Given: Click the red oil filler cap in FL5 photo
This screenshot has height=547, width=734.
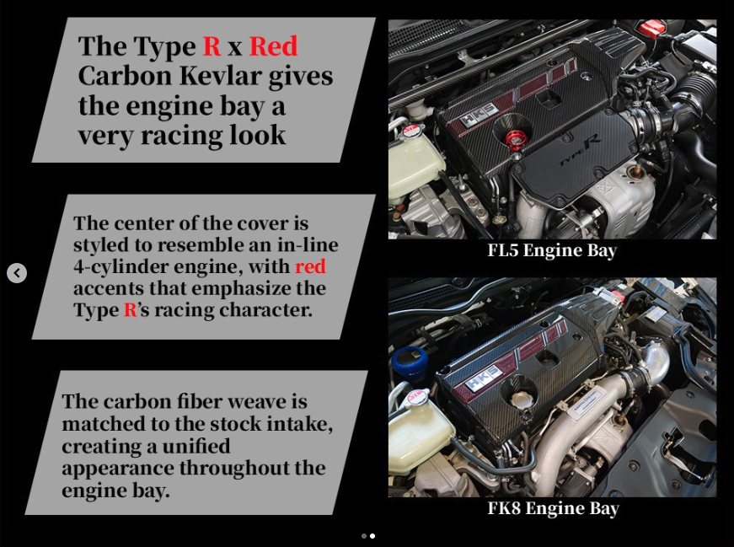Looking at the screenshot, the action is click(x=514, y=139).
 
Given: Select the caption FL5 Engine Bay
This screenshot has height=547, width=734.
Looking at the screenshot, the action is click(x=552, y=250).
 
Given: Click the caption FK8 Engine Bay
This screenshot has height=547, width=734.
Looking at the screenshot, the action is click(x=554, y=508).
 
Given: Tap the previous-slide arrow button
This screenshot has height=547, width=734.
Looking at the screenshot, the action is click(x=17, y=272).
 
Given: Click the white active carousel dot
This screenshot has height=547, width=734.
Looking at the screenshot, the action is click(x=372, y=536).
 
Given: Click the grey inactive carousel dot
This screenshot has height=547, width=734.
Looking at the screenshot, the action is click(x=364, y=536).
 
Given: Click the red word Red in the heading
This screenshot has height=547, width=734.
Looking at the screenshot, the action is click(x=273, y=46).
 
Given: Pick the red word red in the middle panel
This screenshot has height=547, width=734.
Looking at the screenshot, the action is click(x=310, y=266).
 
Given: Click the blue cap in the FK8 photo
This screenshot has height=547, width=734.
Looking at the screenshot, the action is click(x=410, y=362).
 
